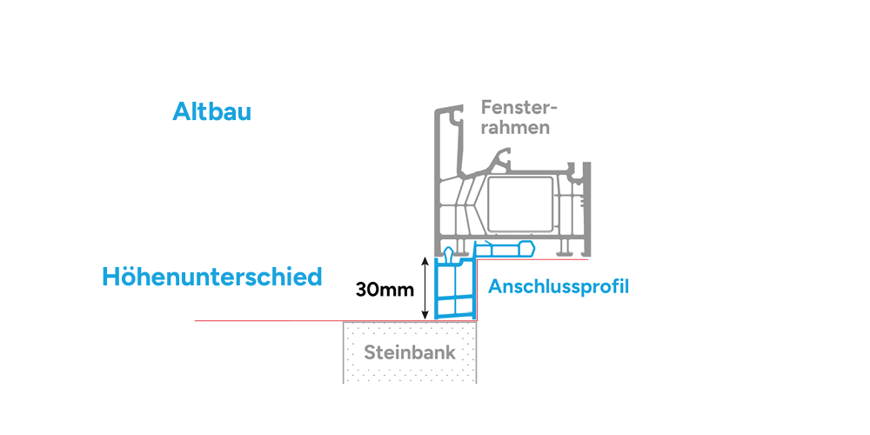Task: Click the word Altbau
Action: [212, 111]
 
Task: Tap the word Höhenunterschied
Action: [212, 277]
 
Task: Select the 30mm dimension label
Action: [385, 290]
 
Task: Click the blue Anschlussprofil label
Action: [559, 287]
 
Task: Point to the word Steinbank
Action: [410, 352]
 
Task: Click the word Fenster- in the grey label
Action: [519, 106]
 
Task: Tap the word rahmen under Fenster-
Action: [515, 128]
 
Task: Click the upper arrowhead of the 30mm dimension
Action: [425, 260]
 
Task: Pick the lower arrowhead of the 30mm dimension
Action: [425, 316]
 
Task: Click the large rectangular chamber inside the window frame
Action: [520, 204]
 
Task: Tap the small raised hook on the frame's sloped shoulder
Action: [505, 156]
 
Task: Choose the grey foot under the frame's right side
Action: [565, 247]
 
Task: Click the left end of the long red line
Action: [195, 321]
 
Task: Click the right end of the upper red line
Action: [588, 259]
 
